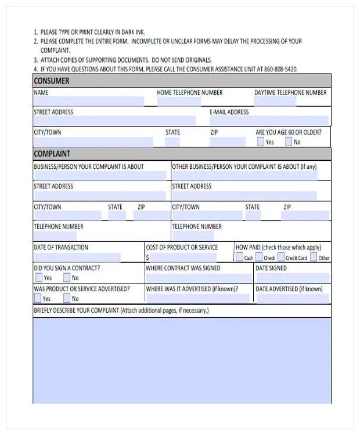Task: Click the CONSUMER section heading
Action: (x=52, y=81)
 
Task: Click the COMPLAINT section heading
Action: (x=52, y=154)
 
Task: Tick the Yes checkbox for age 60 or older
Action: (x=260, y=142)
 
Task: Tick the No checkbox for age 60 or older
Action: (x=289, y=142)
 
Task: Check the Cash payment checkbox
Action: (x=239, y=258)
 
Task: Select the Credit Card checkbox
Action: (x=281, y=258)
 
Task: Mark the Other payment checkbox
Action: (x=314, y=258)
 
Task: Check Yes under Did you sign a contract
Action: (x=38, y=278)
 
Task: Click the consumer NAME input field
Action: (x=88, y=101)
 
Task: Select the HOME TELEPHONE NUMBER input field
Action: (x=178, y=101)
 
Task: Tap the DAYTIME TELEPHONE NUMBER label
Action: (x=290, y=93)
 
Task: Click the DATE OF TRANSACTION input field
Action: (x=77, y=257)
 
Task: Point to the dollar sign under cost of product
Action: (x=147, y=258)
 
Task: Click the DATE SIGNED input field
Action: (x=292, y=278)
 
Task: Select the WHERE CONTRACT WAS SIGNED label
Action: (x=183, y=269)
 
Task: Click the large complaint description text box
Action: (x=182, y=360)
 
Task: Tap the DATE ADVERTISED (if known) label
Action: (x=289, y=289)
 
